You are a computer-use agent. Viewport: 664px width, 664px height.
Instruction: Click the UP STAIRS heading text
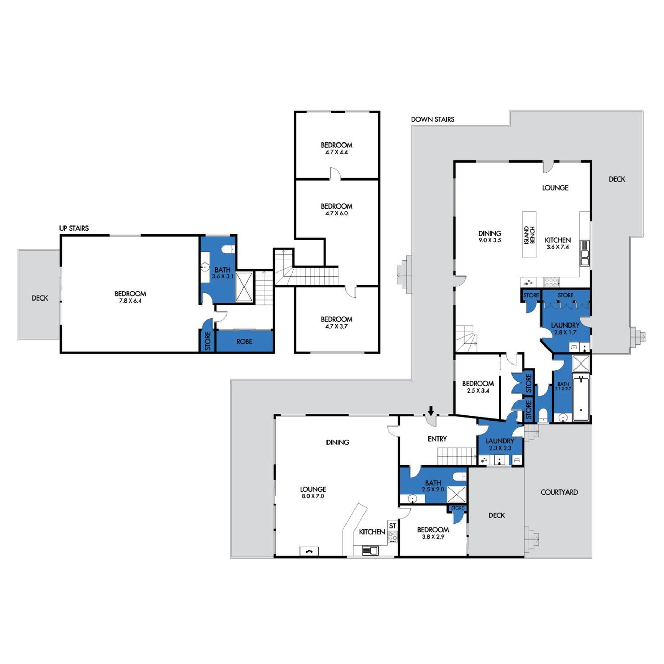click(74, 228)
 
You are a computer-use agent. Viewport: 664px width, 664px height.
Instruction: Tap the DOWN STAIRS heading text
click(433, 119)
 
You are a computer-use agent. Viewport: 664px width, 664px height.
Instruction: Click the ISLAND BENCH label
click(529, 235)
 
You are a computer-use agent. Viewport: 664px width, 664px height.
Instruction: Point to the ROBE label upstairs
click(244, 342)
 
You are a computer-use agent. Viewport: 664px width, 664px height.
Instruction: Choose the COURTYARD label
click(559, 492)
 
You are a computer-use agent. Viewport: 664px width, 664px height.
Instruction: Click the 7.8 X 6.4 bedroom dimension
click(130, 301)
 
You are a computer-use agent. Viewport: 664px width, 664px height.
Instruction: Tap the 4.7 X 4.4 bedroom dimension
click(336, 152)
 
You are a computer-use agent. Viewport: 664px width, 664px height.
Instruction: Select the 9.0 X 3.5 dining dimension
click(490, 240)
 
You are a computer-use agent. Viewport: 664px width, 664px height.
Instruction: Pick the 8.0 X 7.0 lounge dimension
click(313, 496)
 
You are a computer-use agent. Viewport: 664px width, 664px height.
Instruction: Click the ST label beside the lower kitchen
click(393, 526)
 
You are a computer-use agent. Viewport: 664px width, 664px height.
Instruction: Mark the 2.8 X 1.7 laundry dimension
click(565, 332)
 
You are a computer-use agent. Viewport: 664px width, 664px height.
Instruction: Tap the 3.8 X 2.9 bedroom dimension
click(433, 537)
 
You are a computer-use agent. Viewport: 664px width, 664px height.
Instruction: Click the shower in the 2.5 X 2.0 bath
click(456, 494)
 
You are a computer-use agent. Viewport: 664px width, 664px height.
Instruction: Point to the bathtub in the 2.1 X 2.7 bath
click(581, 399)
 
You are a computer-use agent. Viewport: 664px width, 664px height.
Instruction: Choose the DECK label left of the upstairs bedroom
click(40, 298)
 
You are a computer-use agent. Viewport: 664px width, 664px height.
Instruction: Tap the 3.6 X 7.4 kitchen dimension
click(557, 247)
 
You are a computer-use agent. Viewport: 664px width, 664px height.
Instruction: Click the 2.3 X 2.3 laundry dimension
click(500, 448)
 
